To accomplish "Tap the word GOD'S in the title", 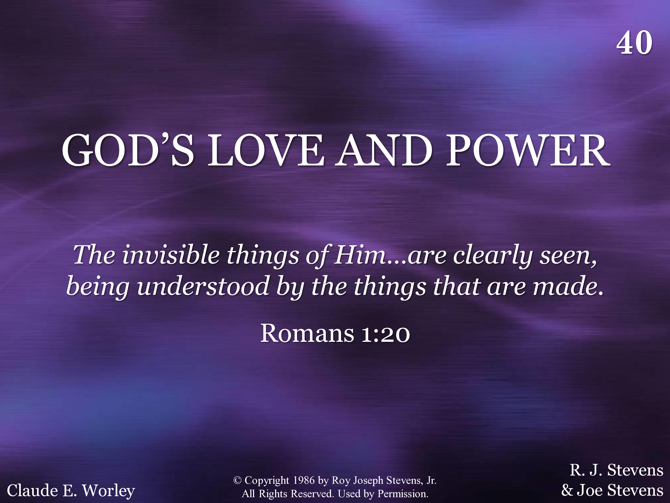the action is tap(128, 150).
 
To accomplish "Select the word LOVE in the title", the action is tap(266, 151).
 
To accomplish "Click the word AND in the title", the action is tap(384, 151).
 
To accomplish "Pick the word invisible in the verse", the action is tap(171, 255).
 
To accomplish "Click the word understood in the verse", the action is tap(203, 286).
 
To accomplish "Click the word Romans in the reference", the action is tap(307, 333).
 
